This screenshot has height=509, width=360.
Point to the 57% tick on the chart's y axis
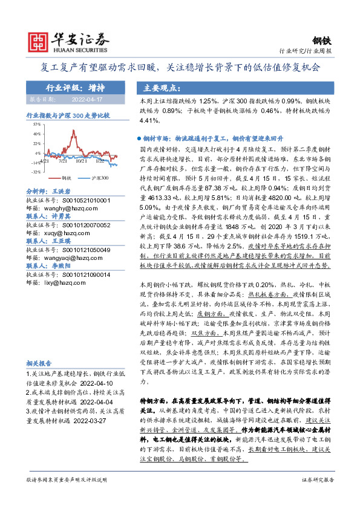click(x=37, y=123)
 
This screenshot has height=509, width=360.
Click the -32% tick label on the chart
click(x=36, y=172)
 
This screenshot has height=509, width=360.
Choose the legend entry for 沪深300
click(x=97, y=179)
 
